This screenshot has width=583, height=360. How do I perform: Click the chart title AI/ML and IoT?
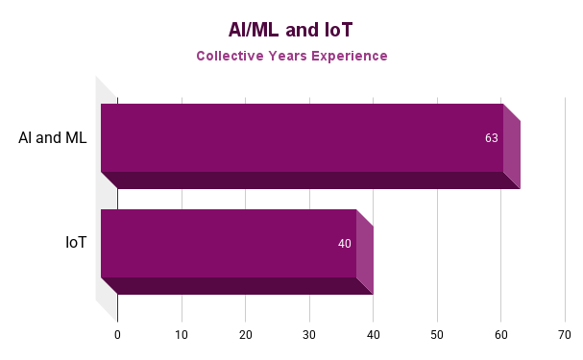291,29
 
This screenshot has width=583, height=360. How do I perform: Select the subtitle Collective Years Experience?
291,56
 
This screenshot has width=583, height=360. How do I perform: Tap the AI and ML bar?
302,137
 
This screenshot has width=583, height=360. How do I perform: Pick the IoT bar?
229,243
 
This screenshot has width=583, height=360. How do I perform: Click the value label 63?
491,138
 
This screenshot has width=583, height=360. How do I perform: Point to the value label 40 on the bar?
344,244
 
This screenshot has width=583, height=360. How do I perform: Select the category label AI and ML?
52,137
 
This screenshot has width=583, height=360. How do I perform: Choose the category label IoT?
76,243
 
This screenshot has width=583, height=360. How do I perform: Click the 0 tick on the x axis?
117,335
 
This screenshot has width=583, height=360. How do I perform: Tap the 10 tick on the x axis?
182,335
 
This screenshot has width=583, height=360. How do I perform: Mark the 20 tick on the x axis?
245,335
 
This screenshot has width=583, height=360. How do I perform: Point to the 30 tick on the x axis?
309,335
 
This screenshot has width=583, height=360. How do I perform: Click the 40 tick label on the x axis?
373,335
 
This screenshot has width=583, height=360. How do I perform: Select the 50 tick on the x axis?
437,335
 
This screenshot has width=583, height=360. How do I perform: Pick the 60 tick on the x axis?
500,335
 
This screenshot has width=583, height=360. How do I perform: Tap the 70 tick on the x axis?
565,335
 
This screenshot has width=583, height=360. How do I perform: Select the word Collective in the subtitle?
231,56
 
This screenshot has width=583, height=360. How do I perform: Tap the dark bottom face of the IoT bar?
236,286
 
